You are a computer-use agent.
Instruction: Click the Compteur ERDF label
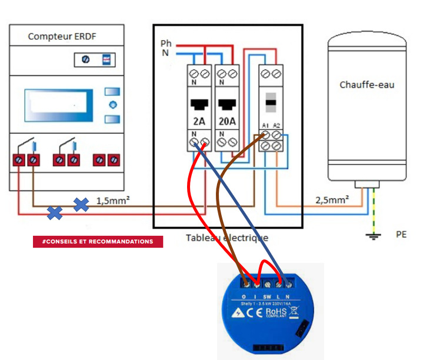pyautogui.click(x=62, y=37)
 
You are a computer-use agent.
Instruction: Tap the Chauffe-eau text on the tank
pyautogui.click(x=366, y=85)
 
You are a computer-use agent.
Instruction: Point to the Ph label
pyautogui.click(x=166, y=44)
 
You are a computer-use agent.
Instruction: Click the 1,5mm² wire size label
pyautogui.click(x=113, y=200)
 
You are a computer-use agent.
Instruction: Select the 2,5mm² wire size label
pyautogui.click(x=331, y=200)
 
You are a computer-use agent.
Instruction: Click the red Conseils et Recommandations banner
pyautogui.click(x=98, y=242)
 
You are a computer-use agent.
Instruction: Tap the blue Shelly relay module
pyautogui.click(x=266, y=312)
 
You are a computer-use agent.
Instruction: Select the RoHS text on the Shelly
pyautogui.click(x=276, y=312)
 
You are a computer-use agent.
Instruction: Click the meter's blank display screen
pyautogui.click(x=58, y=105)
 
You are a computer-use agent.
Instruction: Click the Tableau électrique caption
pyautogui.click(x=227, y=238)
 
